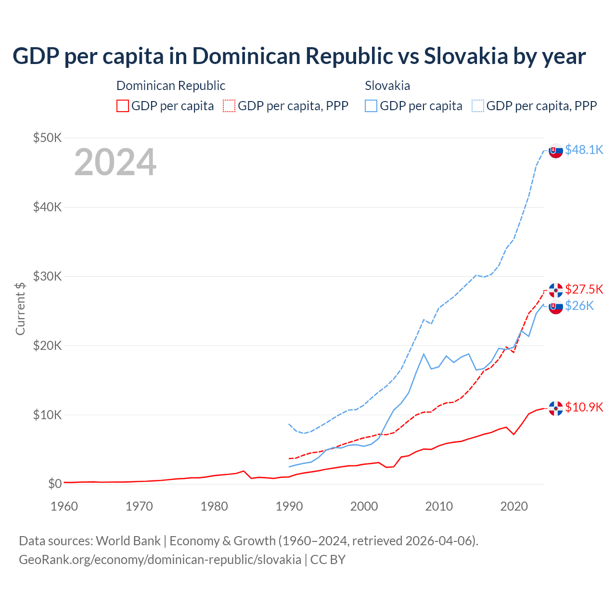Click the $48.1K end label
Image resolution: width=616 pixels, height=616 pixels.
(x=584, y=150)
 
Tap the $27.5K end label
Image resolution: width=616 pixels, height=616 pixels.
(x=584, y=289)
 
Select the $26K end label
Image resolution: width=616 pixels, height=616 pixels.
(x=579, y=306)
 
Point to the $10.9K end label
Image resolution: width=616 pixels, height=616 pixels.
(x=584, y=407)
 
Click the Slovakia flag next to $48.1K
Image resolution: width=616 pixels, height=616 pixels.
(x=556, y=151)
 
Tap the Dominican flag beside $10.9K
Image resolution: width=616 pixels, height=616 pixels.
(x=556, y=408)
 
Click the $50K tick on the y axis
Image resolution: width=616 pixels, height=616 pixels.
(x=47, y=138)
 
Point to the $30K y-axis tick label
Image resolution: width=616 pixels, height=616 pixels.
(x=47, y=276)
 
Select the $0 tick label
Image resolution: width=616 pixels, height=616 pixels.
(x=54, y=484)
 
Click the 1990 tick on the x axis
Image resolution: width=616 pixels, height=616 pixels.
(x=289, y=506)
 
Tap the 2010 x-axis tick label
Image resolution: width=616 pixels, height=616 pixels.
(x=439, y=506)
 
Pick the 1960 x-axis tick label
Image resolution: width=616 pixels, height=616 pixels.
(x=64, y=506)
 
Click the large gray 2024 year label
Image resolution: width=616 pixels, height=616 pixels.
(x=115, y=162)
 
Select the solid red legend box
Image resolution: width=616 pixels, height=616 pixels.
(x=123, y=106)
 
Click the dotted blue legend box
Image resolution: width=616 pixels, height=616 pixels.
(x=478, y=106)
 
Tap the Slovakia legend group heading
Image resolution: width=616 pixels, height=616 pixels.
(x=387, y=86)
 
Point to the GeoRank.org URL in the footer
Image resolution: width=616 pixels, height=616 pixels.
(x=160, y=560)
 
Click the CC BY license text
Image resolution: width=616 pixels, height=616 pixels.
(x=328, y=560)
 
